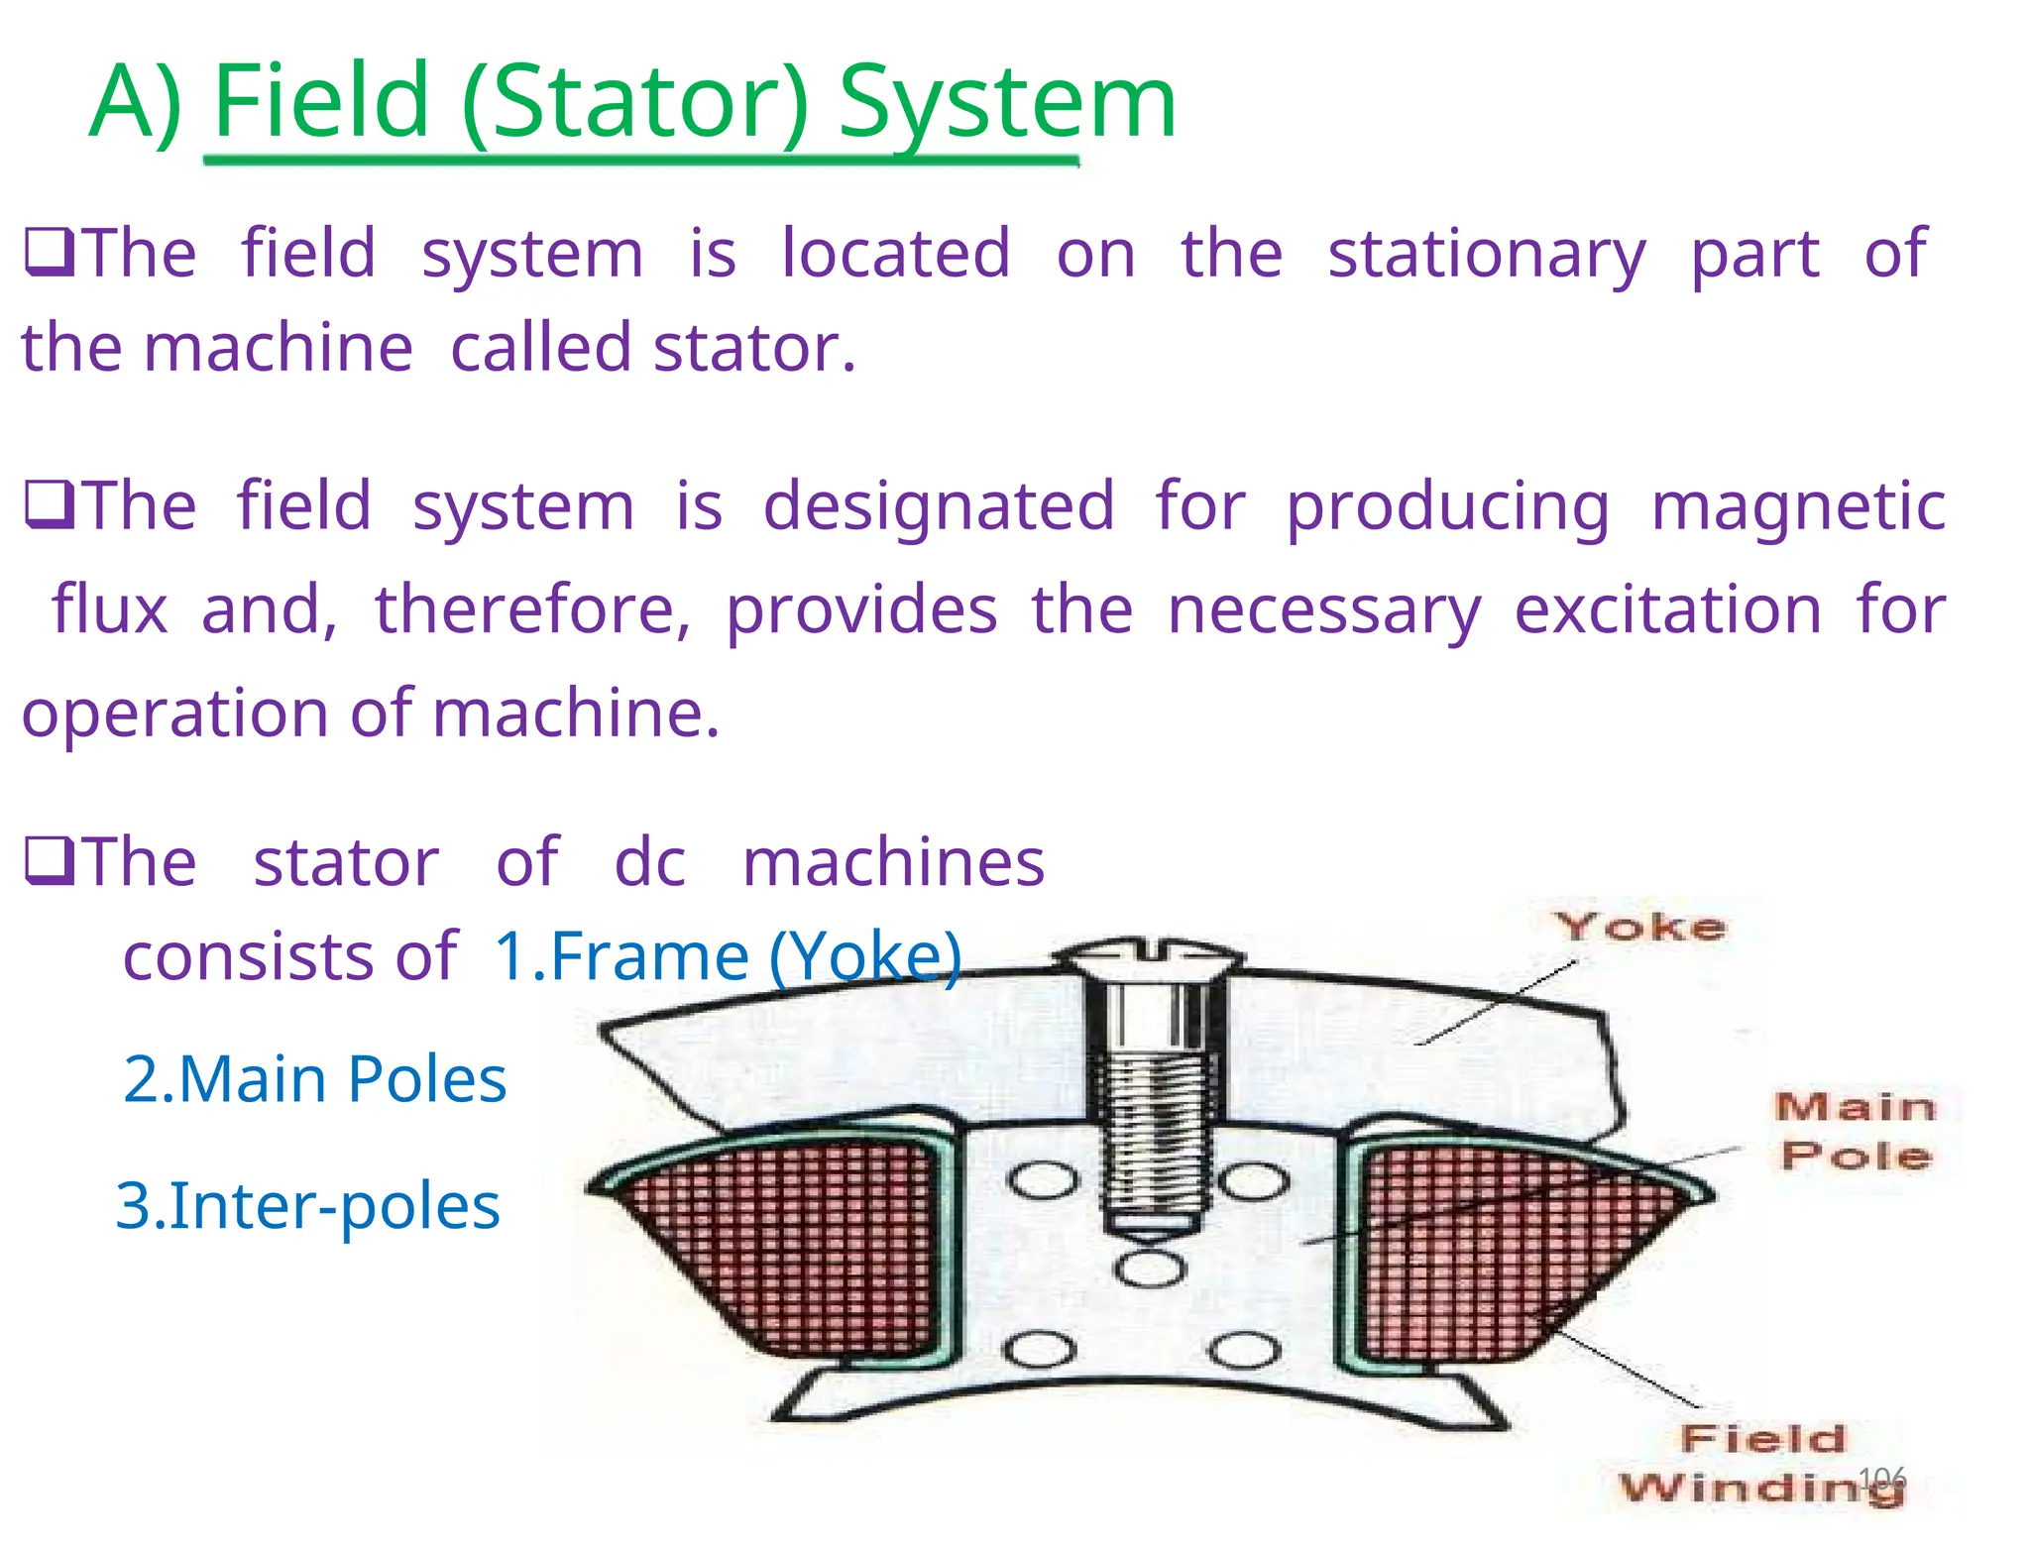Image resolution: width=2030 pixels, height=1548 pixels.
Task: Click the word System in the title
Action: (x=1006, y=101)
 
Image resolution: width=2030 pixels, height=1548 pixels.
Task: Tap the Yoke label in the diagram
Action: (x=1639, y=928)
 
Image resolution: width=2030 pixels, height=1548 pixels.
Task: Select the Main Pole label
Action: (x=1855, y=1131)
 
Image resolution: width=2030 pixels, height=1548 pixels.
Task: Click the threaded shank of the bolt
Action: (x=1155, y=1130)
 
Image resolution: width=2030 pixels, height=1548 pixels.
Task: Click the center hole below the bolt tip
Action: (x=1149, y=1270)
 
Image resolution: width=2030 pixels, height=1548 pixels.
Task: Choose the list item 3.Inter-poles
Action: (x=308, y=1206)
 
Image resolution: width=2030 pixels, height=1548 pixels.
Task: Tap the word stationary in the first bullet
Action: (x=1486, y=254)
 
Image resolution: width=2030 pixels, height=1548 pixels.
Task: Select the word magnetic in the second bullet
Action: (x=1798, y=505)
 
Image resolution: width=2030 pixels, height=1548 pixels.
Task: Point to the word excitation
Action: (x=1667, y=608)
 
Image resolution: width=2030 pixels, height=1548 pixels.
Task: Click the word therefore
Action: (x=531, y=608)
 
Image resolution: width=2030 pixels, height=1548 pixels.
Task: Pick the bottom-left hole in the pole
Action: (x=1039, y=1350)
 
